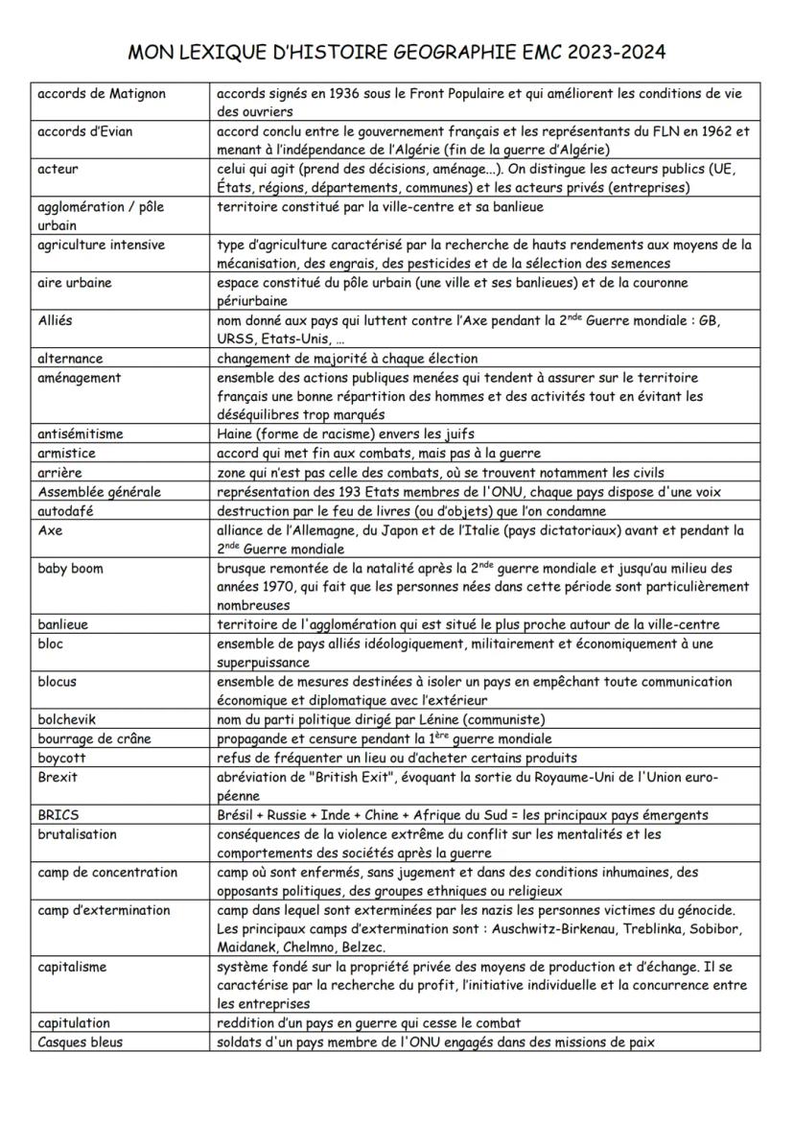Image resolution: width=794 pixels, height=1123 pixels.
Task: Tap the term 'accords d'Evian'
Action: (x=85, y=131)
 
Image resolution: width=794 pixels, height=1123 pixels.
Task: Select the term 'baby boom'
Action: (x=70, y=568)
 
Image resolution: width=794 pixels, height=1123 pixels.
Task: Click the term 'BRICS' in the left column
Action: (x=58, y=814)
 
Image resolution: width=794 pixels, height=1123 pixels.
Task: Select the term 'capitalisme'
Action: (x=72, y=967)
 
